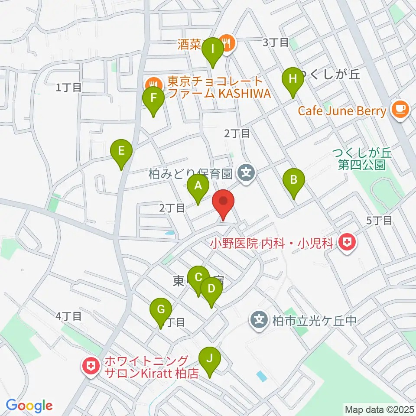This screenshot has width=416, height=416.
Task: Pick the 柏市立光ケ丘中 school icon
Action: coord(259,321)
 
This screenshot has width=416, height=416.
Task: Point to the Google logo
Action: coord(29,406)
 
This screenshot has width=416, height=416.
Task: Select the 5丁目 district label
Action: coord(380,221)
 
